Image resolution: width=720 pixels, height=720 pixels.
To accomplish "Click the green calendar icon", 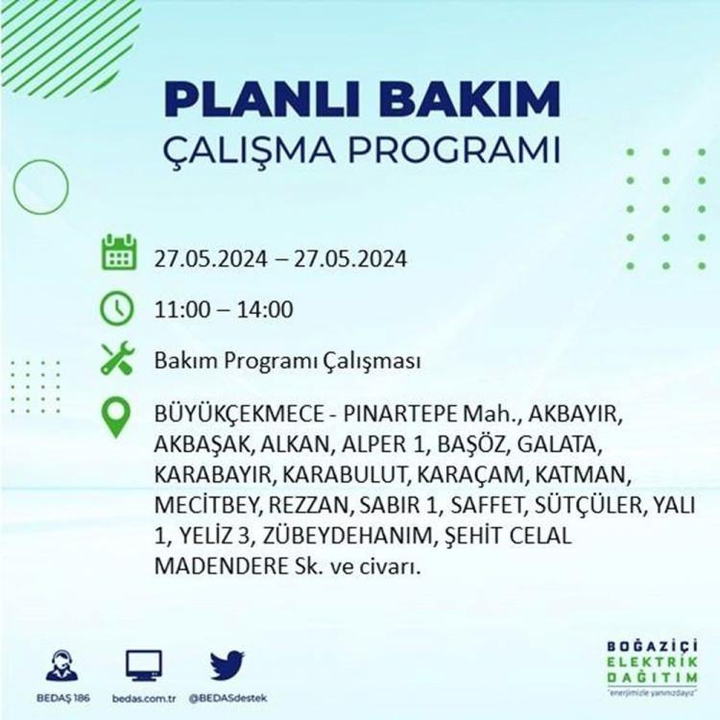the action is pyautogui.click(x=119, y=252).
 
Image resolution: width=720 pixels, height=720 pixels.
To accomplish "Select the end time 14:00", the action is pyautogui.click(x=265, y=309).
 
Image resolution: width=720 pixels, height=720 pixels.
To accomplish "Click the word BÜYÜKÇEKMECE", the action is pyautogui.click(x=239, y=414).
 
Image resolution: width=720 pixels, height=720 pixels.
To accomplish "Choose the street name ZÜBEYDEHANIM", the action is pyautogui.click(x=348, y=536).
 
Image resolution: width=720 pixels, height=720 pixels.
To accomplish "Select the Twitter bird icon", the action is pyautogui.click(x=228, y=665).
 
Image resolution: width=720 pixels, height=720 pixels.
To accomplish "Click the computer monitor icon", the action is pyautogui.click(x=144, y=665).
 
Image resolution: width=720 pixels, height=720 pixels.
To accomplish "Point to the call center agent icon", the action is pyautogui.click(x=62, y=665).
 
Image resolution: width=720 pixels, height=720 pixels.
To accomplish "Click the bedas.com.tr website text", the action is pyautogui.click(x=144, y=699).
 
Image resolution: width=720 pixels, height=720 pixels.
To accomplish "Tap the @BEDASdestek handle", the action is pyautogui.click(x=228, y=699).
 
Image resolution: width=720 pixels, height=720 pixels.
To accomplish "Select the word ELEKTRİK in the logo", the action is pyautogui.click(x=652, y=662).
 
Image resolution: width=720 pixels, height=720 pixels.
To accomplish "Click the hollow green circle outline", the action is pyautogui.click(x=13, y=187).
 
